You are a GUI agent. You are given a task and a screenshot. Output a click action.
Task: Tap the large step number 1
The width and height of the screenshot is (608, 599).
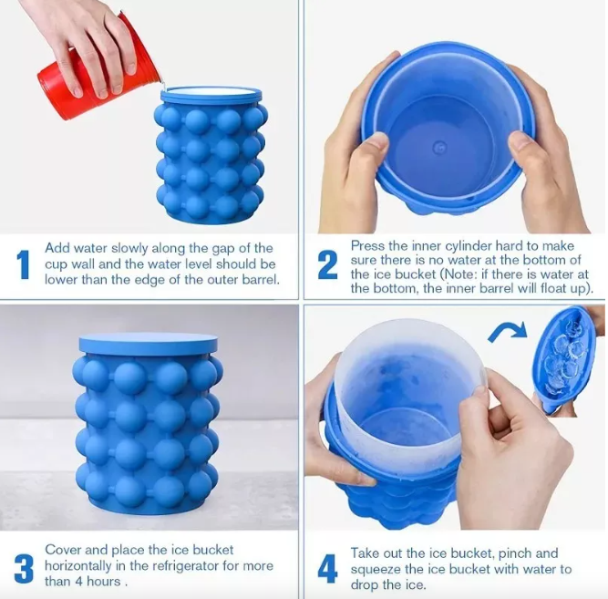click(x=23, y=264)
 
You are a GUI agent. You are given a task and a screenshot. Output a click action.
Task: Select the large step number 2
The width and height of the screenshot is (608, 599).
click(x=327, y=265)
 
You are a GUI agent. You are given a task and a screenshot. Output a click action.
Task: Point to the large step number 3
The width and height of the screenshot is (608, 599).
click(x=24, y=568)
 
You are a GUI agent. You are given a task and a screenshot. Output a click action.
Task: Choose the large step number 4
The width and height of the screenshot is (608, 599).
click(x=327, y=569)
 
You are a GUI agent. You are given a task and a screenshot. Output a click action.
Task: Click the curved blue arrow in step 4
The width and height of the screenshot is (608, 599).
click(x=507, y=331)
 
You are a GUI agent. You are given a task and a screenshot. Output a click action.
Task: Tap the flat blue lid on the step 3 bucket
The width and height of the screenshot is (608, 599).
click(x=148, y=344)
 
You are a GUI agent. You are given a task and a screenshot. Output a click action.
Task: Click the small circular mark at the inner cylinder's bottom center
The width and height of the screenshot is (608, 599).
click(x=439, y=148)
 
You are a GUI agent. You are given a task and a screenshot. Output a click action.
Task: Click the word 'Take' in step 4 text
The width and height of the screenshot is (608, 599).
click(x=365, y=553)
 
